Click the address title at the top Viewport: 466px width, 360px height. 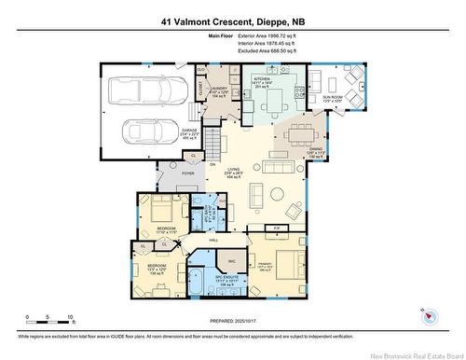click(233, 18)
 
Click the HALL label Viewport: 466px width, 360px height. click(213, 242)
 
